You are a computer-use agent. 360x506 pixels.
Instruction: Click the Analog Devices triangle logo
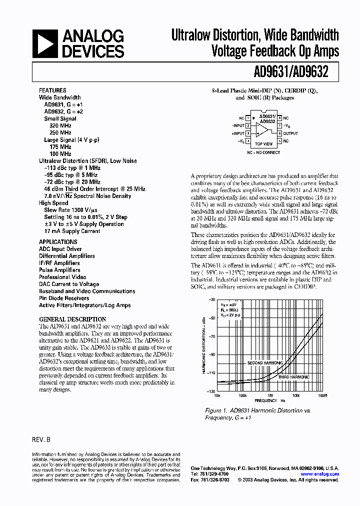tap(45, 43)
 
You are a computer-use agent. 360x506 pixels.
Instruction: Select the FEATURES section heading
tap(52, 90)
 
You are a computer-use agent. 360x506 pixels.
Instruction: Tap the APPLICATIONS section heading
tap(58, 242)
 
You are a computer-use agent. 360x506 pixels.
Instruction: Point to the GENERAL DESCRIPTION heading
tap(72, 319)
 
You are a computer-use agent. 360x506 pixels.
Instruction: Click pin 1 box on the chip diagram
tap(248, 118)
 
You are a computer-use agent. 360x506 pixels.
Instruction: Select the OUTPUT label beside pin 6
tap(290, 133)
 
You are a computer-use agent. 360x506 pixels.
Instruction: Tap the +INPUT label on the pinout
tap(237, 133)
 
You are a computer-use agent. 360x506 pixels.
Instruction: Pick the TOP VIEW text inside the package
tap(263, 144)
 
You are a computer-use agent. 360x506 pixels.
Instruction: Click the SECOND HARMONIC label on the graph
tap(265, 362)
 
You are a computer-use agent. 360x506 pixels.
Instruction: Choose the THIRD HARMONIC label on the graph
tap(294, 376)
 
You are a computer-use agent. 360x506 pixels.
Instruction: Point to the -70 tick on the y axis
tap(212, 336)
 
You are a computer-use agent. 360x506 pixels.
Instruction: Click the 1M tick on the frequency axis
tap(269, 395)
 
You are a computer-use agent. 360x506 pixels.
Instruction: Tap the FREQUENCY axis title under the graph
tap(266, 401)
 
